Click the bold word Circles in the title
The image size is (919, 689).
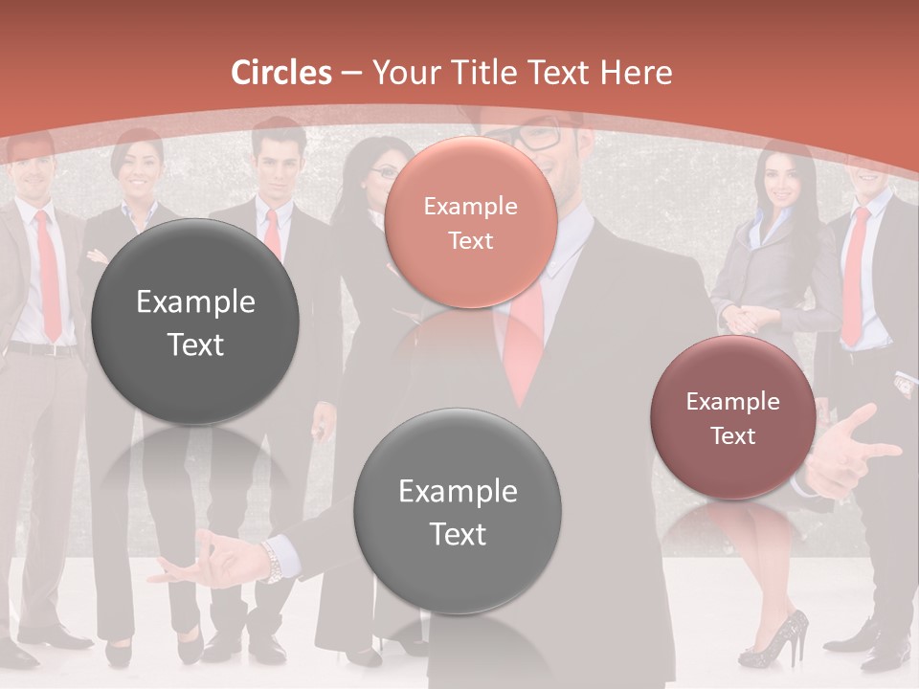[x=281, y=73]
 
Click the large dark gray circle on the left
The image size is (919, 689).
[x=195, y=322]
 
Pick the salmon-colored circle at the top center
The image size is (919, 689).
[x=470, y=223]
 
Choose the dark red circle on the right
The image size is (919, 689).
[x=732, y=418]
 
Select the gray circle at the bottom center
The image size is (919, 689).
[x=458, y=511]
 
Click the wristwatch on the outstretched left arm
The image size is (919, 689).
[x=274, y=563]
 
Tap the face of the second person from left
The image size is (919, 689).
[x=138, y=167]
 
